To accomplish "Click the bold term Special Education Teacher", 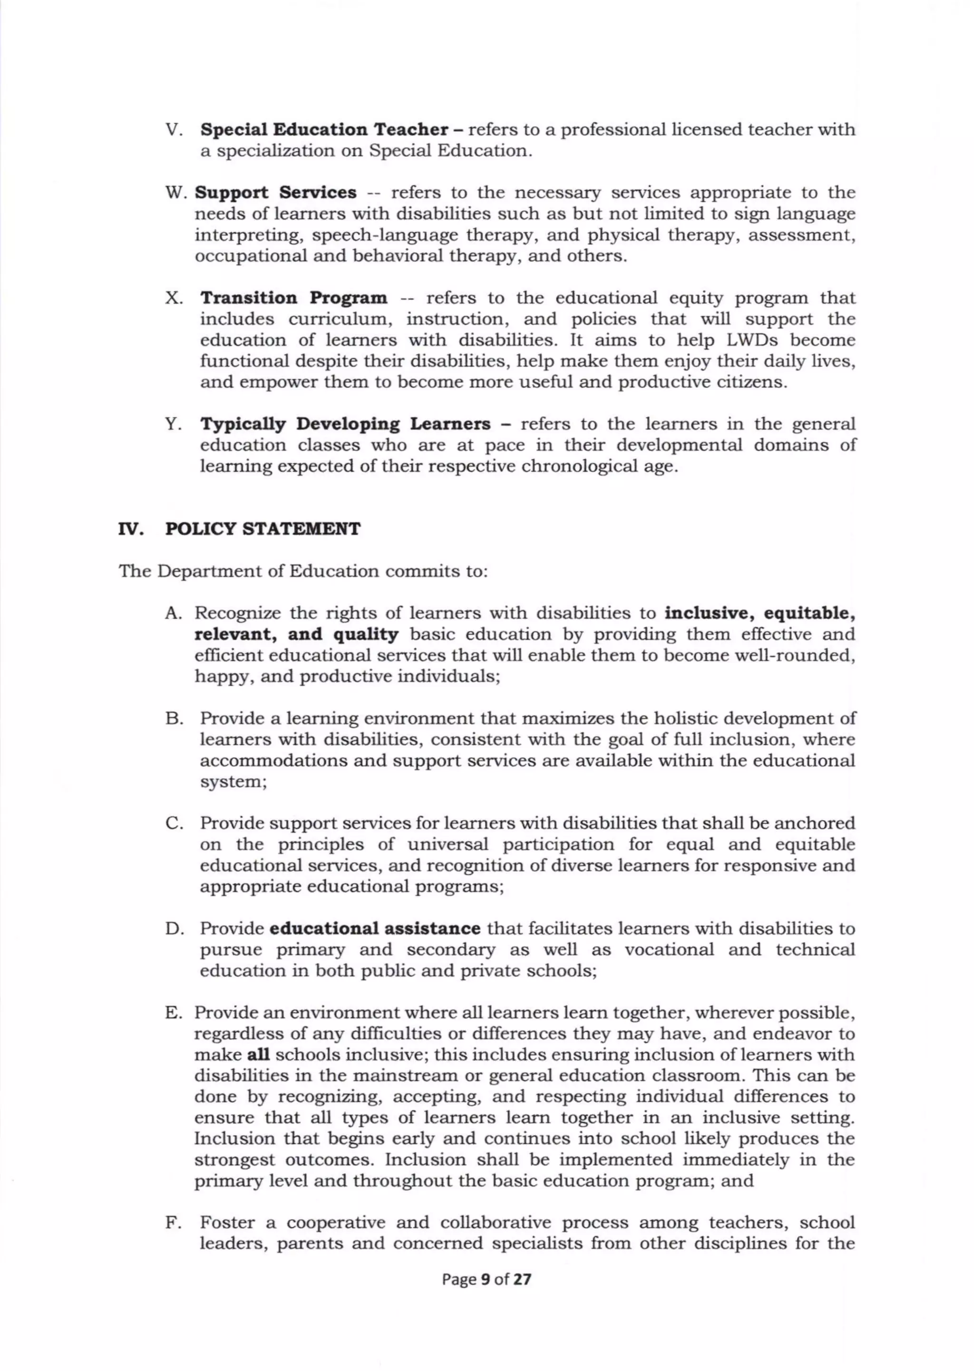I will pyautogui.click(x=324, y=129).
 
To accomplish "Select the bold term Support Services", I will pyautogui.click(x=275, y=193).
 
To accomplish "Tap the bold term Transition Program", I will pyautogui.click(x=293, y=298).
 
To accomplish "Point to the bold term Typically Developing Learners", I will pyautogui.click(x=345, y=424).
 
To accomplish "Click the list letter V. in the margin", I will pyautogui.click(x=174, y=129).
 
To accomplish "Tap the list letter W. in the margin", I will pyautogui.click(x=176, y=193).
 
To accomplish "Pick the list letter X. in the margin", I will pyautogui.click(x=174, y=298).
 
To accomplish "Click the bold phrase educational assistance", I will pyautogui.click(x=375, y=929).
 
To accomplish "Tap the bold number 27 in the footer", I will pyautogui.click(x=522, y=1279).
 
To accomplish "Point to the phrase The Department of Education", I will pyautogui.click(x=248, y=571).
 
